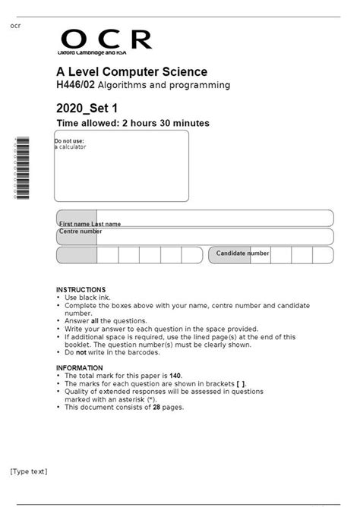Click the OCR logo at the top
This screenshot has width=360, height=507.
coord(106,39)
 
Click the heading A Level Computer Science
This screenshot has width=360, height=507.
coord(131,72)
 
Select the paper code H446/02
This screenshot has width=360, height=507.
coord(74,86)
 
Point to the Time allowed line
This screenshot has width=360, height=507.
coord(133,123)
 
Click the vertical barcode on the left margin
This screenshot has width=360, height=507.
coord(21,168)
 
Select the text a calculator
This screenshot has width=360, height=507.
coord(71,147)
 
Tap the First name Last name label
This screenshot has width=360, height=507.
coord(90,225)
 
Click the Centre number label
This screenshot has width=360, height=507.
coord(80,231)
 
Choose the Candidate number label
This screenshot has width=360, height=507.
coord(242,253)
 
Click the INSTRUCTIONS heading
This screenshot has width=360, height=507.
coord(81,290)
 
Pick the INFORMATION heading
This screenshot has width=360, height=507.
coord(80,368)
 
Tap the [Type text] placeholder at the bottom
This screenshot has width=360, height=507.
coord(29,471)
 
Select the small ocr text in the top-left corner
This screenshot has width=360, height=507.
coord(15,26)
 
